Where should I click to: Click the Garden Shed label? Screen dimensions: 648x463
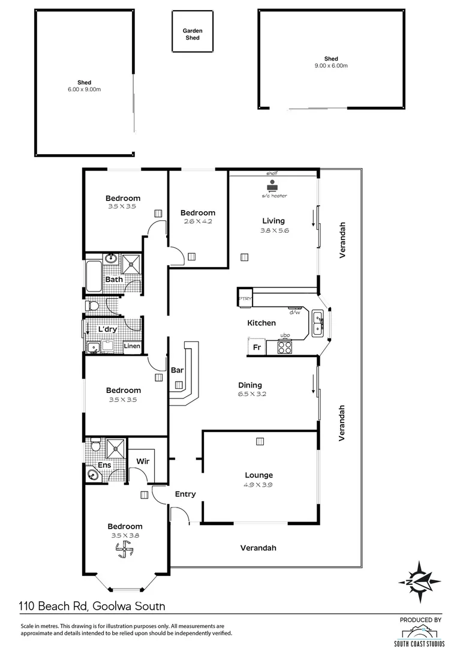point(192,34)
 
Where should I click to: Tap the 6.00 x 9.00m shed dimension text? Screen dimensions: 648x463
point(84,89)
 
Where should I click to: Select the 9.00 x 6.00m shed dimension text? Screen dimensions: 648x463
point(331,66)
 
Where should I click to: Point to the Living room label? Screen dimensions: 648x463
point(273,221)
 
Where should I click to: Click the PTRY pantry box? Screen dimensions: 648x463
point(245,298)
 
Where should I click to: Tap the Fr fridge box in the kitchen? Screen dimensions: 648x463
point(256,347)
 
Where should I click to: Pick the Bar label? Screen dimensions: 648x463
point(178,370)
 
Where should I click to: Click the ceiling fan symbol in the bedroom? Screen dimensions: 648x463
point(125,548)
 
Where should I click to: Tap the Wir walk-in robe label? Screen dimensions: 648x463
point(143,461)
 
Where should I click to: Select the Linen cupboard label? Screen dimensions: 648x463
point(132,346)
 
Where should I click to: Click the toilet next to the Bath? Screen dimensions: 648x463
point(92,306)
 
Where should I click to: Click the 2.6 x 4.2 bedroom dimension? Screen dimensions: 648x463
point(197,221)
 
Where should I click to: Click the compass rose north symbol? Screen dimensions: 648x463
point(422,581)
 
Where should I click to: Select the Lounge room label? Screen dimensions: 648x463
point(258,475)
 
